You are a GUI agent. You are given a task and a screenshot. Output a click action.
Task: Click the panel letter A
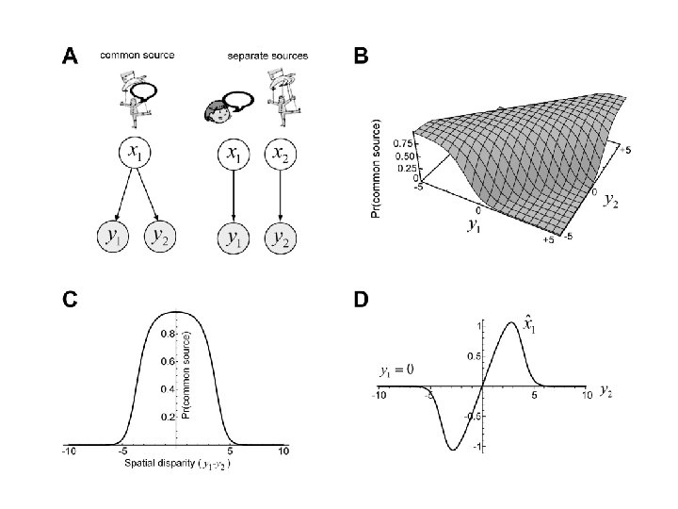pyautogui.click(x=70, y=57)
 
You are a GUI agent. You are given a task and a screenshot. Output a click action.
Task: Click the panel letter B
pyautogui.click(x=360, y=57)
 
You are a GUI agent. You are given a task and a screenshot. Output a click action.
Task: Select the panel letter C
pyautogui.click(x=70, y=300)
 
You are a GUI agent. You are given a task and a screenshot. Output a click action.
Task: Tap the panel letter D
pyautogui.click(x=361, y=300)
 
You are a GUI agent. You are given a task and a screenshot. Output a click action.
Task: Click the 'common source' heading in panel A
pyautogui.click(x=137, y=55)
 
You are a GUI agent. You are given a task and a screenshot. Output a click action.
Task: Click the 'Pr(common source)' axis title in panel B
pyautogui.click(x=377, y=168)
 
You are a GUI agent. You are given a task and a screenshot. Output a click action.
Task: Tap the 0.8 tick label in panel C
pyautogui.click(x=167, y=334)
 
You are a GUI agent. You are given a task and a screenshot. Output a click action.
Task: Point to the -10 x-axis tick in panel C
pyautogui.click(x=68, y=452)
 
